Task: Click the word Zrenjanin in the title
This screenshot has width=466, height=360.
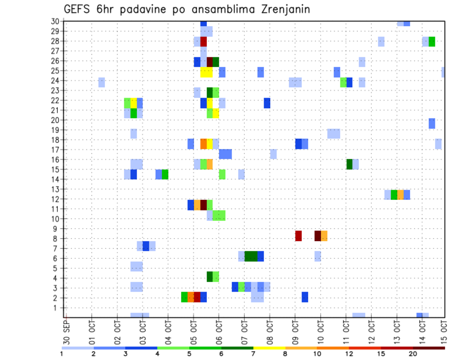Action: [282, 9]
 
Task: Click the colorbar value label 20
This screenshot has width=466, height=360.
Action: [413, 354]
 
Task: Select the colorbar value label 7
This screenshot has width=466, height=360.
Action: [253, 354]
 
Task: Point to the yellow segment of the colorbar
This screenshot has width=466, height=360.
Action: [269, 348]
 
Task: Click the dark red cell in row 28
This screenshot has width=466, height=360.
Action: [203, 41]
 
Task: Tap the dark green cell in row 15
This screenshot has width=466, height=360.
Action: [349, 164]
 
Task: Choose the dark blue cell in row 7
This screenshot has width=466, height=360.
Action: [146, 246]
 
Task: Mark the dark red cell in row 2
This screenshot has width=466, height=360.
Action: [197, 297]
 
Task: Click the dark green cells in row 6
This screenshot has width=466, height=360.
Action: [251, 256]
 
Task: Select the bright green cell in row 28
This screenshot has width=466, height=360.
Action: [432, 41]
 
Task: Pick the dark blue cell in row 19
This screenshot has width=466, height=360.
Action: [432, 124]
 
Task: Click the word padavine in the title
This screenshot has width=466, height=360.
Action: [144, 9]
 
